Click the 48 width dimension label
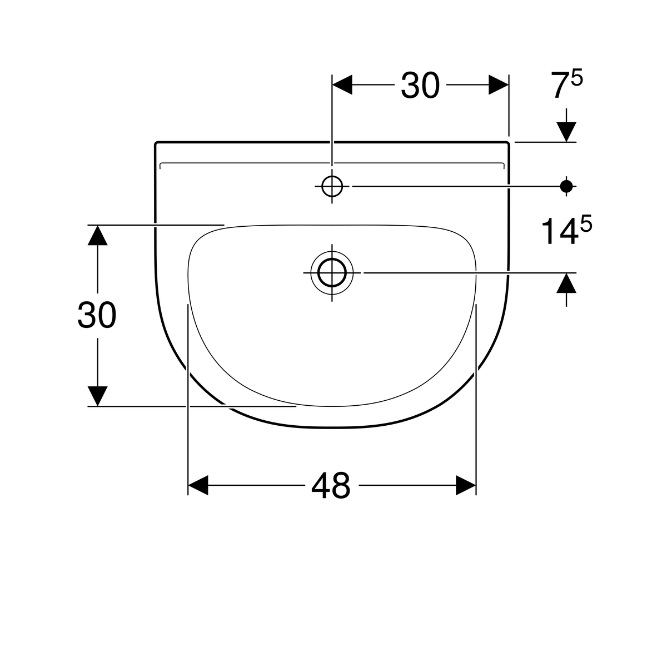(x=331, y=485)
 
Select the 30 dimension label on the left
(x=97, y=316)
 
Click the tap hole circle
(x=332, y=187)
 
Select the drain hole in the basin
(x=332, y=273)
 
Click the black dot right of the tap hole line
(x=566, y=187)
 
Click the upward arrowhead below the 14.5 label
(x=566, y=283)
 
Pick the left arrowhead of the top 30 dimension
(x=342, y=85)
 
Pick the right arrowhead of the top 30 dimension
(x=498, y=85)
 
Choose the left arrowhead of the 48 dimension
(x=198, y=485)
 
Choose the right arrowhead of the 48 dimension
(x=466, y=485)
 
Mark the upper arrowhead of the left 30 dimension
(x=98, y=235)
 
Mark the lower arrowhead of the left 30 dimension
(x=98, y=396)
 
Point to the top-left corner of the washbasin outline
(x=156, y=143)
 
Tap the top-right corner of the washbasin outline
(x=508, y=143)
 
